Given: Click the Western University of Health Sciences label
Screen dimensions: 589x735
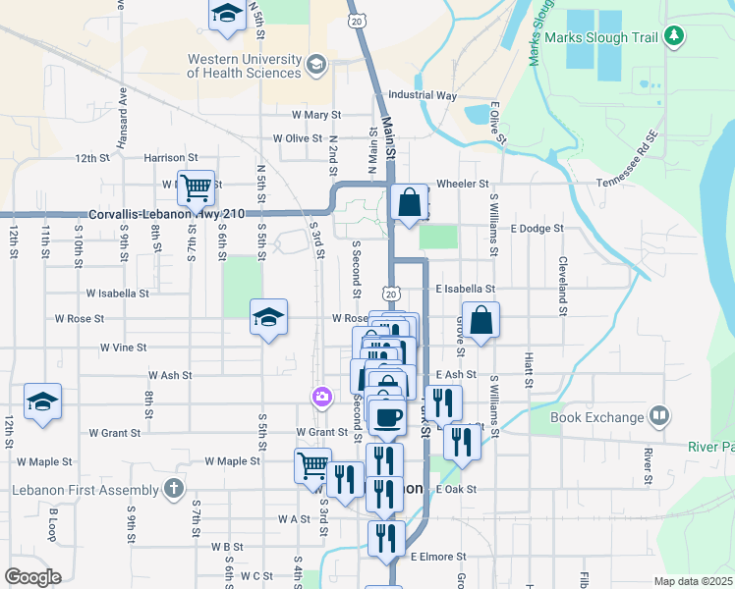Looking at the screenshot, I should (245, 66).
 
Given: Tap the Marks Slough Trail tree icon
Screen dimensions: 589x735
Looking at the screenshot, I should (673, 37).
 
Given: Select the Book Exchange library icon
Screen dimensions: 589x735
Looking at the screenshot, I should (658, 416).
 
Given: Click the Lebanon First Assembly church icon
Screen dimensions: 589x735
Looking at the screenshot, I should (173, 489).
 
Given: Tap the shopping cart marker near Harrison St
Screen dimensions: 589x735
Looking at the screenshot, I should (196, 187).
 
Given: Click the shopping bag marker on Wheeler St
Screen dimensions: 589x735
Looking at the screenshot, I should (409, 203).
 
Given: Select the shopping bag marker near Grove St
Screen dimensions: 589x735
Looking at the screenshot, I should (481, 320).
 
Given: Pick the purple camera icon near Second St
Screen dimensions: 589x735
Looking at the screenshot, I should (320, 397).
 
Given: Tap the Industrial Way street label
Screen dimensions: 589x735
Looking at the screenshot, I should (423, 96).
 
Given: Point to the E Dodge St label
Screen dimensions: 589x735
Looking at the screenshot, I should (537, 228).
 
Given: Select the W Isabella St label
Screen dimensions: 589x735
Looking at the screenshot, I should (117, 293).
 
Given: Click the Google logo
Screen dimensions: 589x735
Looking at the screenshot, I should (32, 577).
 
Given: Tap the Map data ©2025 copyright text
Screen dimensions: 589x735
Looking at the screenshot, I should (694, 581).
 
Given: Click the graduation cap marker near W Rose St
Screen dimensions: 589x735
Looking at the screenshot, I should (268, 317).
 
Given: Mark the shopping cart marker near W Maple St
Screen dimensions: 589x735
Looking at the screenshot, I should (312, 464).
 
